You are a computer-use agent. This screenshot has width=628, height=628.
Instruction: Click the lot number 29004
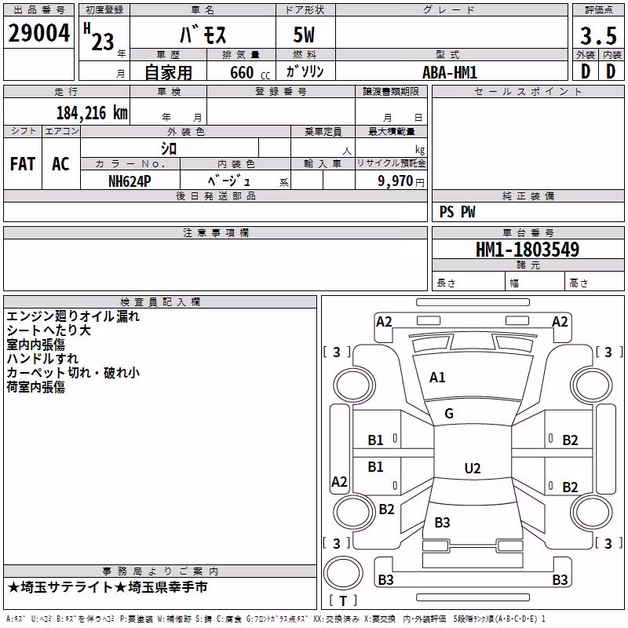pos(38,33)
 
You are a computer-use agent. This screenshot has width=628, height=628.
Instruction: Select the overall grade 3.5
pos(598,35)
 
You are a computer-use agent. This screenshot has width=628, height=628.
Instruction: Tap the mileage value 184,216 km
pos(92,113)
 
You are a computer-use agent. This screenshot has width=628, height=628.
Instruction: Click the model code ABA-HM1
pos(450,72)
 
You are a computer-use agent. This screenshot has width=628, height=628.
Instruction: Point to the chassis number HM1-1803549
pos(528,249)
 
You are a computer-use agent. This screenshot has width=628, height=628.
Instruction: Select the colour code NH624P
pos(130,181)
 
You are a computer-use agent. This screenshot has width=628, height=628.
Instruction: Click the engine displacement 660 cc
pos(250,72)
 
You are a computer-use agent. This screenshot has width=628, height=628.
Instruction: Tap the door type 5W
pos(304,35)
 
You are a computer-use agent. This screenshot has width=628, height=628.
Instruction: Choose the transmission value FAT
pos(23,164)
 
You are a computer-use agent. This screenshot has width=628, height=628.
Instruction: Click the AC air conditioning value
pos(60,164)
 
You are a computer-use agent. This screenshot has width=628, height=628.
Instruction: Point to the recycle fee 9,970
pos(395,181)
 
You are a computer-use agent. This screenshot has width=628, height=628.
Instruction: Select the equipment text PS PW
pos(458,211)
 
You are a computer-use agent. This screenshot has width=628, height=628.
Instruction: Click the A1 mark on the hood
pos(437,378)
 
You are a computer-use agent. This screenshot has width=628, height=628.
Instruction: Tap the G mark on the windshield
pos(449,414)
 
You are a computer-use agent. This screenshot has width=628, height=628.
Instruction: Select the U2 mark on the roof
pos(473,468)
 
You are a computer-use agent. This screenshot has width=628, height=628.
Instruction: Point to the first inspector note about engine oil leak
pos(73,316)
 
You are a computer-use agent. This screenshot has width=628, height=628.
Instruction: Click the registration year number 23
pos(103,42)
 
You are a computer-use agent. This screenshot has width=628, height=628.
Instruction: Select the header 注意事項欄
pos(216,232)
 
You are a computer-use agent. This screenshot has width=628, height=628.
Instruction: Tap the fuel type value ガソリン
pos(305,71)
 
